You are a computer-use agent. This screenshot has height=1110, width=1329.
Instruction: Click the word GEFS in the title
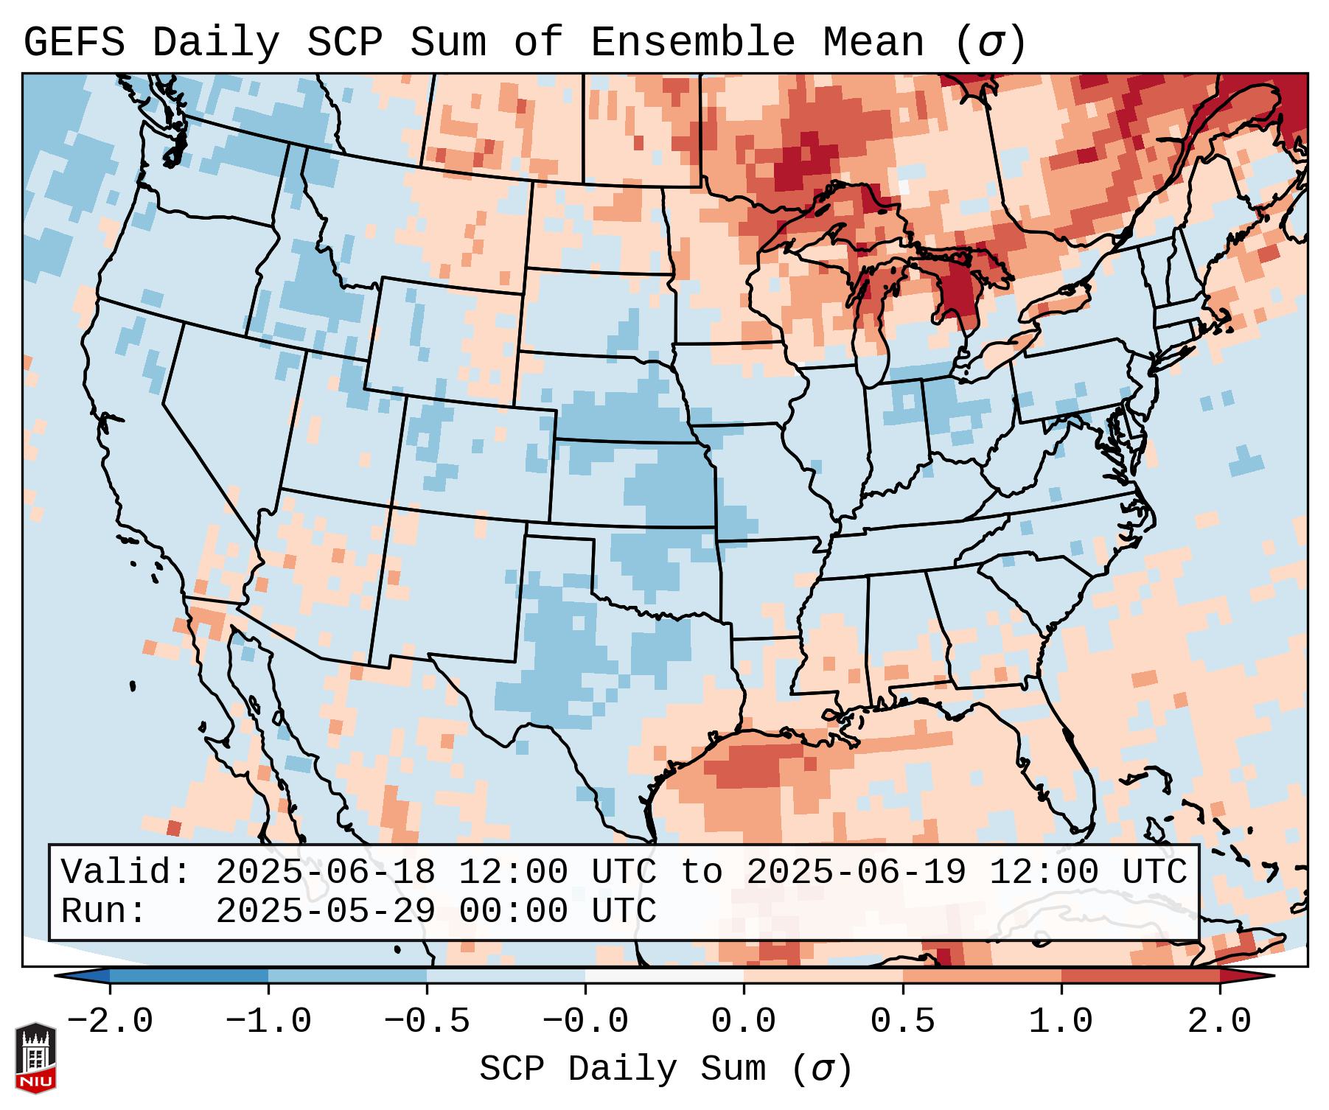(74, 43)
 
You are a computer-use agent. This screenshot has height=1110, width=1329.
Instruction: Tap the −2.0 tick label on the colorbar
(110, 1022)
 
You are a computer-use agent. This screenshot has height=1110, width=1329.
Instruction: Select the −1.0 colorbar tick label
(268, 1022)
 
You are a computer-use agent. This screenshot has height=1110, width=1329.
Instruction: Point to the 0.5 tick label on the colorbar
(902, 1022)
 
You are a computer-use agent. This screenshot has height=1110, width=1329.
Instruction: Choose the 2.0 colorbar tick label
(1219, 1022)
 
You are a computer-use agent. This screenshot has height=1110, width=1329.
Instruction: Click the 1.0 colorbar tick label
(1061, 1022)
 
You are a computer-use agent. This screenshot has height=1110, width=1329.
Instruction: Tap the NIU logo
(35, 1058)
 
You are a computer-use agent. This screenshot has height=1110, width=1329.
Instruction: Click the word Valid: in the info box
(126, 873)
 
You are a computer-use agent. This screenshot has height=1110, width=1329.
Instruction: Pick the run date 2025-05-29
(325, 912)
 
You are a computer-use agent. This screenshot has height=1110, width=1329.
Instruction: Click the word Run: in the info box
(104, 912)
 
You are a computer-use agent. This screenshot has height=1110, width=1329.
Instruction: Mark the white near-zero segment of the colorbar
(664, 976)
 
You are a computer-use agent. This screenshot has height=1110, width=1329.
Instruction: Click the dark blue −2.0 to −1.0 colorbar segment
(189, 976)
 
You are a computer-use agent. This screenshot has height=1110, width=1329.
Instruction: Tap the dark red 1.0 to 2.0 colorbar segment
(1140, 976)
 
